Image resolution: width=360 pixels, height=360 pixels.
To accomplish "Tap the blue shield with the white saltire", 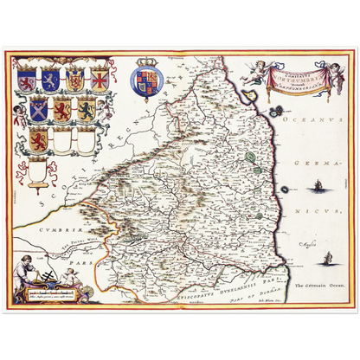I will point(41,110).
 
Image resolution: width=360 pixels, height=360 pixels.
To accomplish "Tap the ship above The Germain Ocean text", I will point(328,258).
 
